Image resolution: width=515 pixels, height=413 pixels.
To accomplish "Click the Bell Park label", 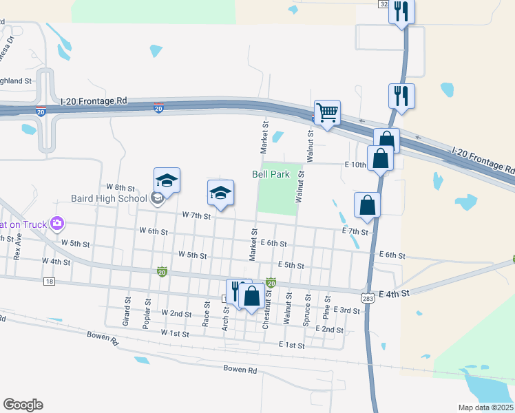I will tap(271, 175).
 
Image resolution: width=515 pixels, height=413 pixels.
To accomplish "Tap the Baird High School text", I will tap(109, 199).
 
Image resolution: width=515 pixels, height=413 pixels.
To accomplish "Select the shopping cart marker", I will tap(327, 112).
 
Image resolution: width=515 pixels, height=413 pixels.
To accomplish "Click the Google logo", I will tap(23, 405).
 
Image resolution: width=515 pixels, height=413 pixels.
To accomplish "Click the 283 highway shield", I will tap(366, 296).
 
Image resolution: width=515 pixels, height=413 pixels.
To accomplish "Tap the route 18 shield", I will tap(48, 281).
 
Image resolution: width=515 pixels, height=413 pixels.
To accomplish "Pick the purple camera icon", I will tap(57, 223).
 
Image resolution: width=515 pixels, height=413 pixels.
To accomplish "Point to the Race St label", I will tap(206, 313).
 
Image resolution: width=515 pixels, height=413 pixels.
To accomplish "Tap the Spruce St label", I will tap(306, 311).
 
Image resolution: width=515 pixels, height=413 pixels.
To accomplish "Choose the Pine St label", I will tap(326, 308).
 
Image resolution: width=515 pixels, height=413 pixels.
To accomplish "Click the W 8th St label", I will tap(120, 187).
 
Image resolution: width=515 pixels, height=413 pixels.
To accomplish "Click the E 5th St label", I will tap(291, 265).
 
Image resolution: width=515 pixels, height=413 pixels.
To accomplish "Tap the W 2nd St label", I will tap(176, 313).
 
